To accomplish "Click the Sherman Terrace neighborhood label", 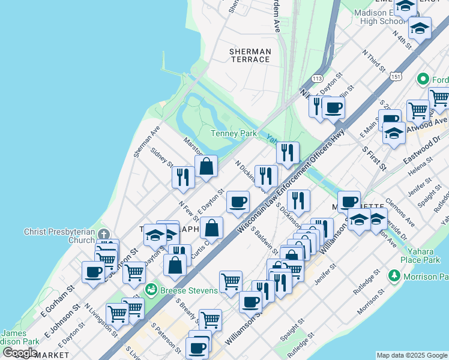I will [250, 56].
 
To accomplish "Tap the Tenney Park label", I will [234, 133].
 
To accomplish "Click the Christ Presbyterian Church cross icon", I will [104, 233].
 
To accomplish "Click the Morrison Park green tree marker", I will [394, 276].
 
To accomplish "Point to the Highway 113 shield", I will [318, 79].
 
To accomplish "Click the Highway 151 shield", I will [395, 77].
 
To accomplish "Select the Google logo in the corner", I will [20, 353].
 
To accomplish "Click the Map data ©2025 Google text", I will [412, 355].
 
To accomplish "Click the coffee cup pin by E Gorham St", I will [93, 271].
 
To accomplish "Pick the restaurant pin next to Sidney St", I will [182, 176].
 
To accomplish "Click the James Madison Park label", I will [20, 337].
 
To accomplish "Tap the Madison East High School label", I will [384, 17].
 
